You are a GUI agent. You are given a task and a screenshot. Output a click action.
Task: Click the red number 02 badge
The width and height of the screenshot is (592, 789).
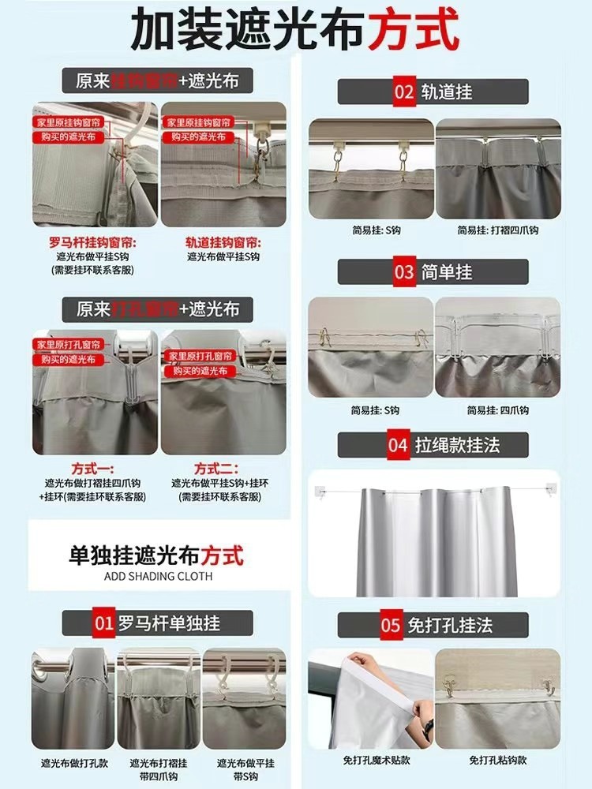pyautogui.click(x=404, y=92)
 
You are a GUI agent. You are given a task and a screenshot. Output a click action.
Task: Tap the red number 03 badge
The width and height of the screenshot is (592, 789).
pyautogui.click(x=404, y=272)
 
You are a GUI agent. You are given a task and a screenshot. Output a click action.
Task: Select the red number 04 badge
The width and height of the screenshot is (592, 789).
pyautogui.click(x=398, y=445)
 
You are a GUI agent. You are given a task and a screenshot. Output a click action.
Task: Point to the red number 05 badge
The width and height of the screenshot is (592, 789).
pyautogui.click(x=392, y=626)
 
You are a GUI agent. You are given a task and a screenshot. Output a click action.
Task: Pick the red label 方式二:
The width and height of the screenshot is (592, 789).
pyautogui.click(x=216, y=469)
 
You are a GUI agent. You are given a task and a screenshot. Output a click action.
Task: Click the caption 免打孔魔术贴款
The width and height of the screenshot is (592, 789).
pyautogui.click(x=371, y=760)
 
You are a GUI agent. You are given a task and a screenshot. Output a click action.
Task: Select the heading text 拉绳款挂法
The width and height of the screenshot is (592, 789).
pyautogui.click(x=458, y=445)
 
